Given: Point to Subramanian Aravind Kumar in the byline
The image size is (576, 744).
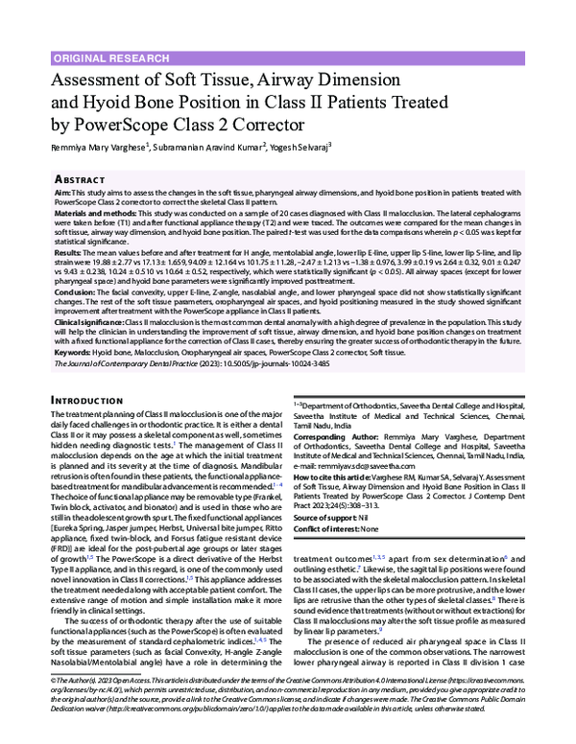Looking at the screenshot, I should pyautogui.click(x=204, y=147).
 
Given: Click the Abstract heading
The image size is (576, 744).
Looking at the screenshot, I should pyautogui.click(x=81, y=179).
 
